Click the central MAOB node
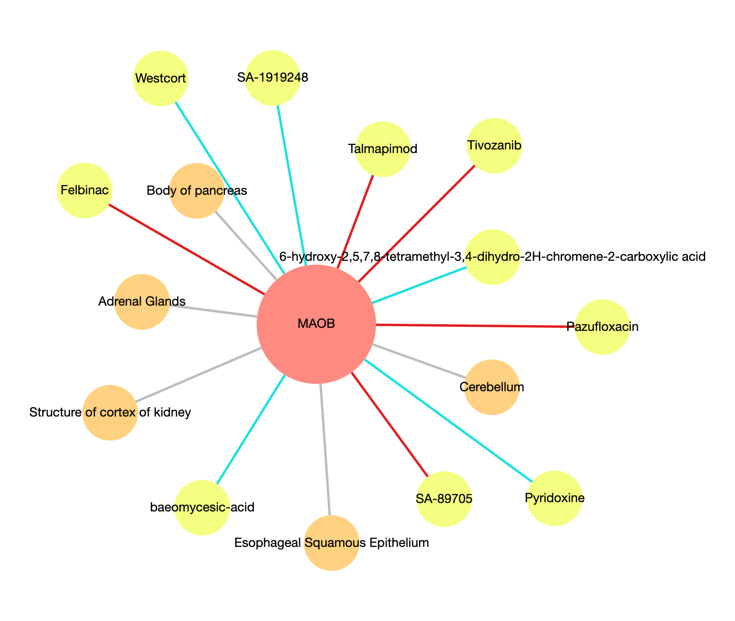point(316,324)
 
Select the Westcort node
point(161,79)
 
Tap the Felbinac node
point(84,191)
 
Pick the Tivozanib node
point(494,146)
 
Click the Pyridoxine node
point(554,498)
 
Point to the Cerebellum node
point(491,387)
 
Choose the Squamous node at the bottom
point(332,543)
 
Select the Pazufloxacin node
point(602,327)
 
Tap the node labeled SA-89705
point(444,499)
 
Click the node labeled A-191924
point(273,78)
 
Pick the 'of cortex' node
point(110,413)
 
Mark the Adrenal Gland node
point(142,302)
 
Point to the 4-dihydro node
point(493,257)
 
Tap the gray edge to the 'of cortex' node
point(198,375)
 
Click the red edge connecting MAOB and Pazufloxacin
point(475,326)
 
